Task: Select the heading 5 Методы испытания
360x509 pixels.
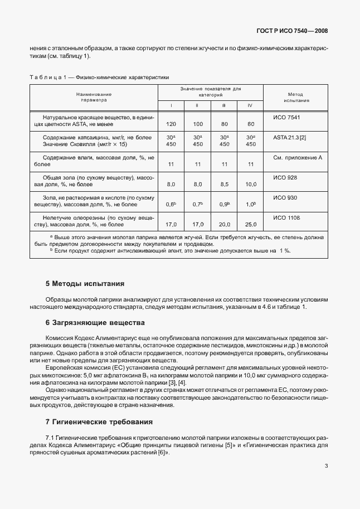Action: pos(85,284)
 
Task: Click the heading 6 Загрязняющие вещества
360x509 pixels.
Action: pos(95,323)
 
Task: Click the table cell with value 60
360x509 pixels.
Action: pos(251,124)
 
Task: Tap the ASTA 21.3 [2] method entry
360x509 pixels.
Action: pos(290,137)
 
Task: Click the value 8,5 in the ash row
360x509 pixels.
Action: pos(224,184)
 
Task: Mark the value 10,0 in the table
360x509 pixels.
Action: pos(251,184)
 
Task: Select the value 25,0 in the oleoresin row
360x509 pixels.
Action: pos(251,224)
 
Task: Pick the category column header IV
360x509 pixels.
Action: pos(250,105)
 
